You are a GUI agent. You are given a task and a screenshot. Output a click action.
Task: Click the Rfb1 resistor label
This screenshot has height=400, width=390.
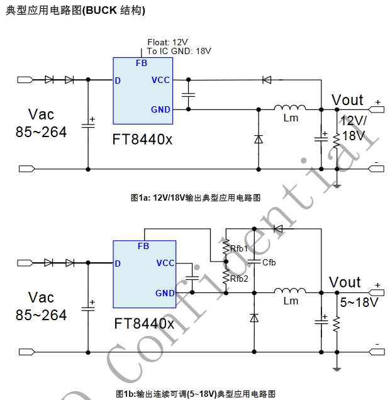click(238, 249)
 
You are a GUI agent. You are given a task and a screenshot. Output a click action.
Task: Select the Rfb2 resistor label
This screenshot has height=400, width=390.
click(238, 279)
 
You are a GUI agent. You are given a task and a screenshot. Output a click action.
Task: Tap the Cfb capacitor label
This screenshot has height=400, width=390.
click(269, 262)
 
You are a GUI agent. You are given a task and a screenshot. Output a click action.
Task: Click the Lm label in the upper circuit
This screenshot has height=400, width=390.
click(291, 118)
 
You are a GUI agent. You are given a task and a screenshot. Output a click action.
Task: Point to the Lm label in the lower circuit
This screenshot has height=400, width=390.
click(291, 301)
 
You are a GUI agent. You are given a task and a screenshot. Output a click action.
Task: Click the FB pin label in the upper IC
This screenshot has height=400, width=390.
click(142, 63)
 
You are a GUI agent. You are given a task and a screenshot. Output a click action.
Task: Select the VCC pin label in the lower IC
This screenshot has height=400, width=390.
click(165, 263)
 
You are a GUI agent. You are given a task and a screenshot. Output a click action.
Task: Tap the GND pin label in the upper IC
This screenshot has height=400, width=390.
click(160, 109)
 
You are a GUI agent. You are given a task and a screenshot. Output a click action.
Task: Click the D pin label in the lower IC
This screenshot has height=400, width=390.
click(118, 264)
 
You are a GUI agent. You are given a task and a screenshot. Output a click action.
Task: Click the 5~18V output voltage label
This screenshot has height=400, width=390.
click(359, 303)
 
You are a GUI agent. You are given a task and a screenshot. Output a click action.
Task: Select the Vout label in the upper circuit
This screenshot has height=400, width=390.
click(347, 100)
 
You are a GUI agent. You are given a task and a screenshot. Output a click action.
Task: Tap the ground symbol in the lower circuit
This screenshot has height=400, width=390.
click(337, 368)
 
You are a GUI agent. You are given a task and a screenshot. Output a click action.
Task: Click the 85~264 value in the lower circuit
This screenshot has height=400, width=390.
click(41, 315)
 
